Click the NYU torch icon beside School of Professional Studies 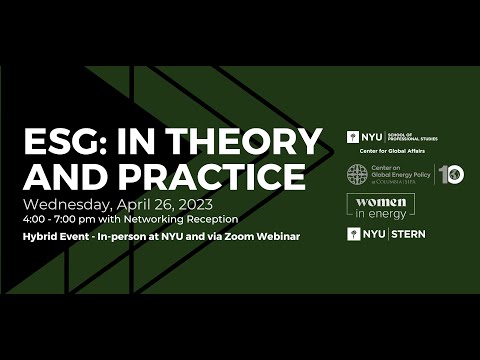[x=353, y=136]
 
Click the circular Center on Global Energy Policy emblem [x=357, y=175]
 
